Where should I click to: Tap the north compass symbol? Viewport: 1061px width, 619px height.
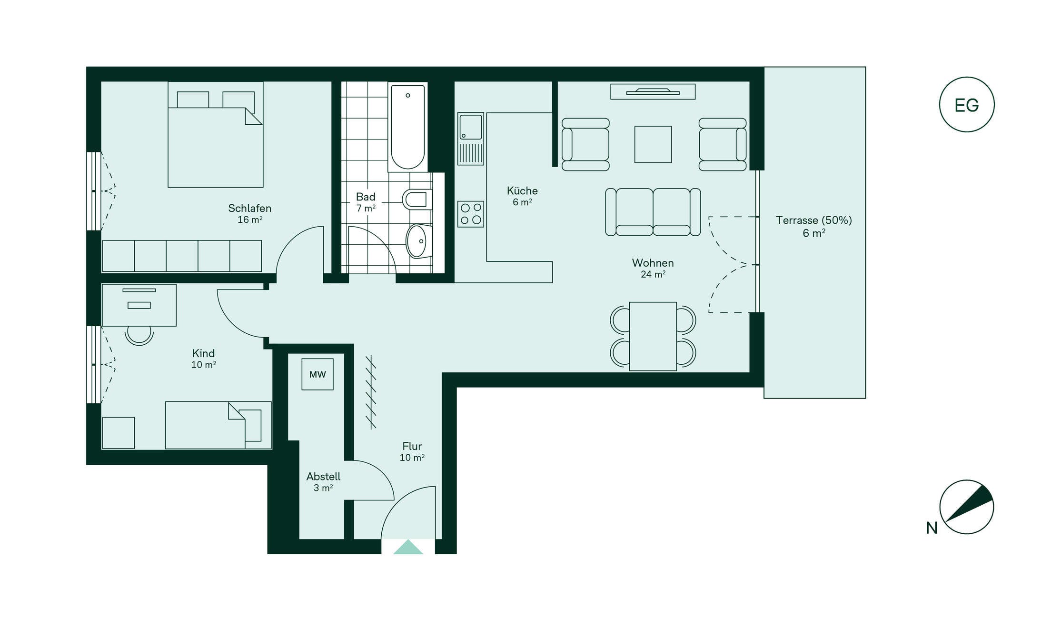(x=966, y=507)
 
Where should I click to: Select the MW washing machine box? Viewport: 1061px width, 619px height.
(x=317, y=374)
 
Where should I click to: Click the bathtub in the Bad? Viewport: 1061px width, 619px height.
(x=407, y=127)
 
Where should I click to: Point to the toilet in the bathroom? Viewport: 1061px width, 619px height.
(x=417, y=200)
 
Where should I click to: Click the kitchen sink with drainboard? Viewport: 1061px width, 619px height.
(x=471, y=139)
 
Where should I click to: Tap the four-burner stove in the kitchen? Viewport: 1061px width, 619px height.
(x=471, y=214)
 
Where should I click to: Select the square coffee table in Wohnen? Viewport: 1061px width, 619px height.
(x=653, y=144)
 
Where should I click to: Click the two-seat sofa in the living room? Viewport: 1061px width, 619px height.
(x=653, y=212)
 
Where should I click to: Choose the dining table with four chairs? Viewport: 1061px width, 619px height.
(x=653, y=336)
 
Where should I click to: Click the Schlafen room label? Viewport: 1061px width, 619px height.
(x=250, y=208)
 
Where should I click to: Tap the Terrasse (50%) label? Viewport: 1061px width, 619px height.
(x=814, y=220)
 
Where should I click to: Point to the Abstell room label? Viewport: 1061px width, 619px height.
(x=324, y=476)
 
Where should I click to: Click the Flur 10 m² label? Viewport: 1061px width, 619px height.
(x=412, y=451)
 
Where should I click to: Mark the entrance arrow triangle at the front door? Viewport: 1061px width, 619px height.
(x=408, y=547)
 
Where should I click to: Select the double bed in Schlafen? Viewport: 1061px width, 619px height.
(x=216, y=134)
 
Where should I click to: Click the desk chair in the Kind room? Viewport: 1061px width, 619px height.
(x=139, y=335)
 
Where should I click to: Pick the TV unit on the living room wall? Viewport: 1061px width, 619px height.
(x=653, y=91)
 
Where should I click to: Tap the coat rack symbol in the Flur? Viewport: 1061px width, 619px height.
(x=371, y=392)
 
